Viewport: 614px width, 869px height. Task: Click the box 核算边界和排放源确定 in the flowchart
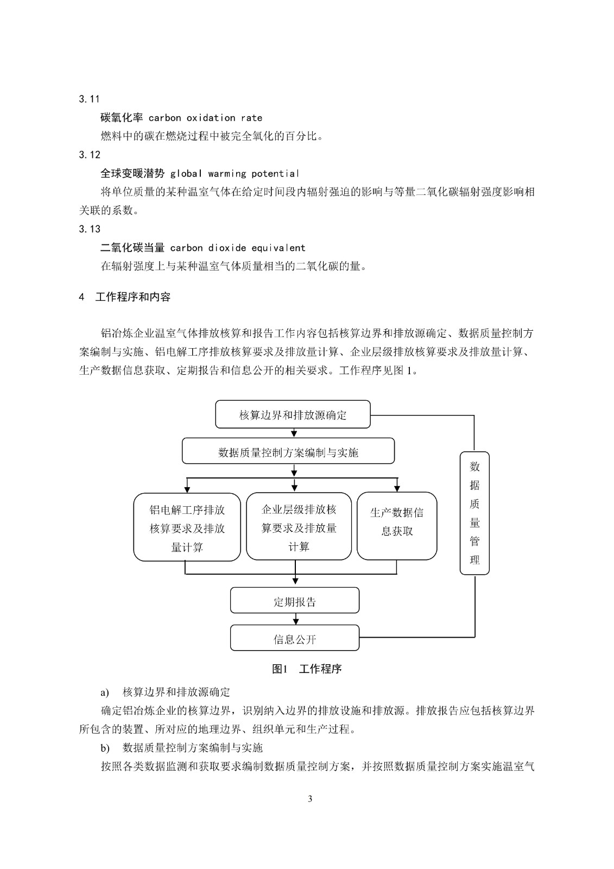click(x=293, y=415)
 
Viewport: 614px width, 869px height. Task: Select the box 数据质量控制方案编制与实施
click(x=288, y=452)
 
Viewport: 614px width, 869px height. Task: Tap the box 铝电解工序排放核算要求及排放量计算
click(x=187, y=527)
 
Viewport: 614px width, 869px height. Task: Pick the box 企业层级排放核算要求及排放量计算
click(x=299, y=527)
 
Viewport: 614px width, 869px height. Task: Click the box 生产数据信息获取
click(x=396, y=525)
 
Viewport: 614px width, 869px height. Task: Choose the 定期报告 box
click(x=294, y=601)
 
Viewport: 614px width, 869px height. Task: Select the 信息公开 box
click(x=294, y=638)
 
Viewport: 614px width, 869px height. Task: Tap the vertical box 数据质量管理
click(x=474, y=513)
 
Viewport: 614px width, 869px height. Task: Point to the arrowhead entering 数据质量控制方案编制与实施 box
click(x=294, y=433)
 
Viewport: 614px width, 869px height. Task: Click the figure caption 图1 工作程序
click(x=307, y=669)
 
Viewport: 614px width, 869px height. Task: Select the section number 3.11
click(x=90, y=99)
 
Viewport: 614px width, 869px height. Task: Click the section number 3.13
click(x=90, y=229)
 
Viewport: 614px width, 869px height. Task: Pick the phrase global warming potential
click(x=235, y=174)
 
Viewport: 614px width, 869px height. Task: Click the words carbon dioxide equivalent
click(x=238, y=248)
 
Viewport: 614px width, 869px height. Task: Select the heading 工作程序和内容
click(x=132, y=297)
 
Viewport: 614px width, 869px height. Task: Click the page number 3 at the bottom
click(x=310, y=798)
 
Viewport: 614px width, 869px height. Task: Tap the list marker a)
click(x=105, y=692)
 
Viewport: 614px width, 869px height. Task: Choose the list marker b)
click(x=105, y=748)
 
